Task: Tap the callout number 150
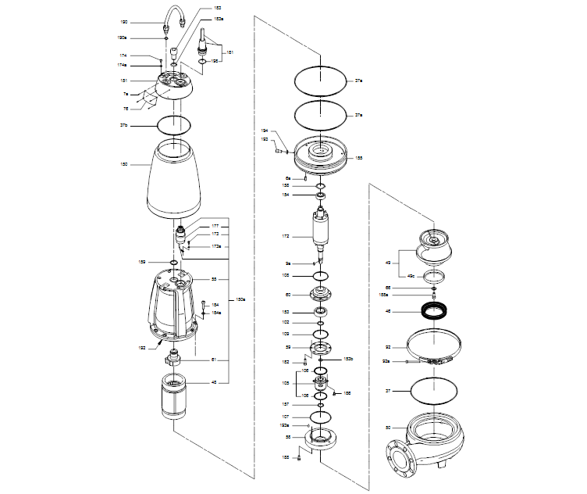point(124,165)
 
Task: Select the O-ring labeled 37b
point(174,124)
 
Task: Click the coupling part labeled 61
point(174,361)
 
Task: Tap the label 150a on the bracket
point(241,299)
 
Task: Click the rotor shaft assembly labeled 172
point(322,232)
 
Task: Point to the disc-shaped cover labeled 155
point(321,157)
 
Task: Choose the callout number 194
point(265,131)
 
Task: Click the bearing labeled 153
point(321,312)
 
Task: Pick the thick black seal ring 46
point(432,311)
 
